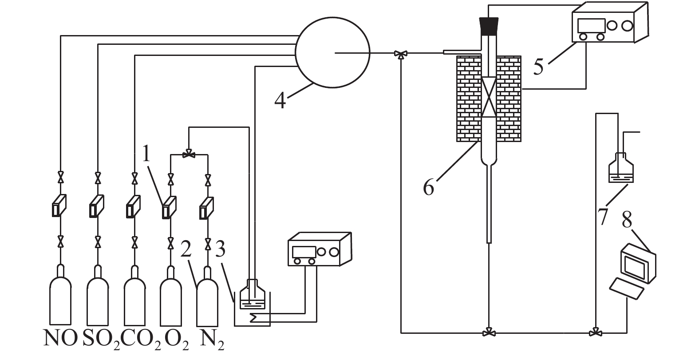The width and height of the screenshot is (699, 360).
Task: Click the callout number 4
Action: tap(280, 100)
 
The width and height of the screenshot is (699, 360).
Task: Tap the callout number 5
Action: tap(538, 66)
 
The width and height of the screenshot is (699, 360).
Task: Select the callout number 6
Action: tap(428, 187)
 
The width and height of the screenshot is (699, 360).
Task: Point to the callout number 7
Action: tap(602, 216)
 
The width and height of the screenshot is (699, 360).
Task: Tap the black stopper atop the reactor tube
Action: tap(489, 26)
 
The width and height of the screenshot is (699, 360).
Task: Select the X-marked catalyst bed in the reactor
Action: tap(489, 96)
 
